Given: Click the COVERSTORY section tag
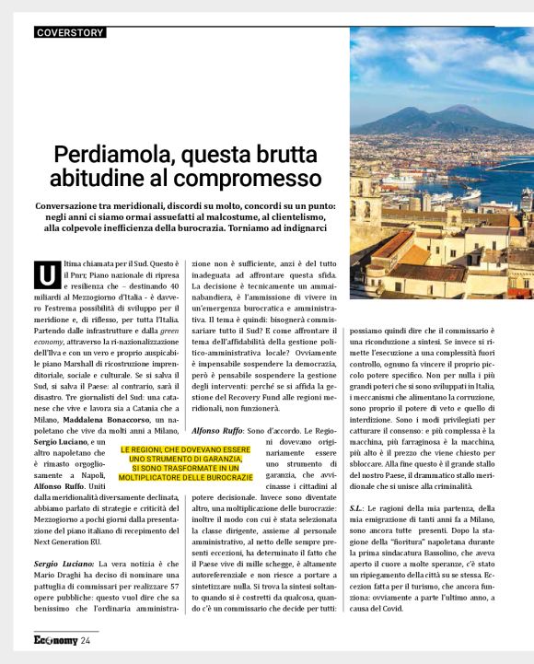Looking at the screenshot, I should point(70,33).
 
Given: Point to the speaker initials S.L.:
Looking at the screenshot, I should point(360,507).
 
